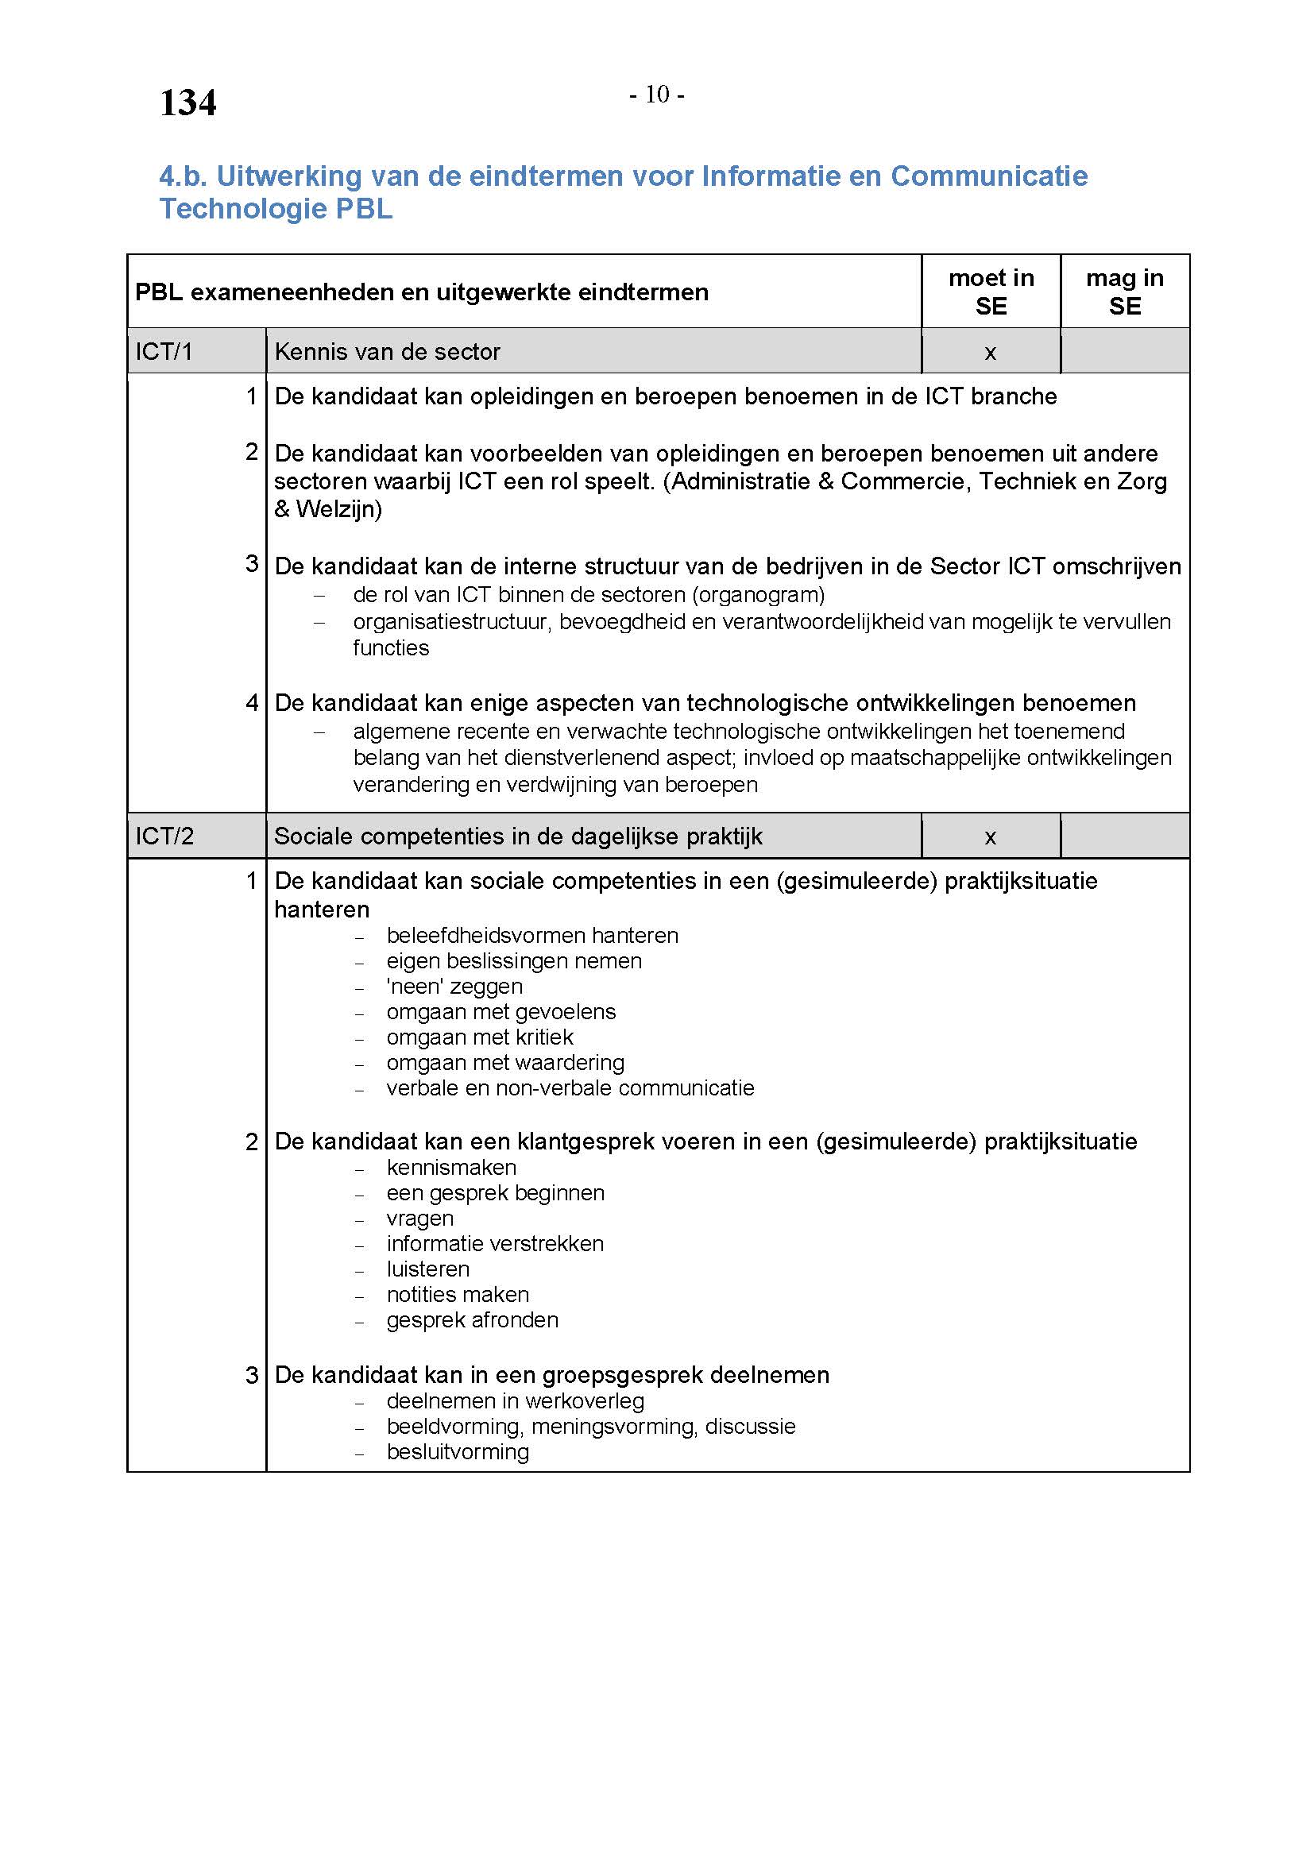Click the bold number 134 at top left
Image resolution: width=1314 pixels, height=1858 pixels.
(187, 102)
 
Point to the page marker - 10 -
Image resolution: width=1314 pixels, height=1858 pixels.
(656, 95)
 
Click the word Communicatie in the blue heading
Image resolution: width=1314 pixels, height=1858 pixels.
(989, 176)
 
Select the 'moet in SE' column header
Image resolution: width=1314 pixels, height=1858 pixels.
(991, 292)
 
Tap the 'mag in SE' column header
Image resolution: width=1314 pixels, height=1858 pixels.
(1124, 292)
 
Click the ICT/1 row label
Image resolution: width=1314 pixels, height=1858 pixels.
(164, 351)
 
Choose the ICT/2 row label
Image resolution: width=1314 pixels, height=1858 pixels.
(164, 836)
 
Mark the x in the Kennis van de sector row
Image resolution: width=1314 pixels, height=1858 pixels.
(990, 352)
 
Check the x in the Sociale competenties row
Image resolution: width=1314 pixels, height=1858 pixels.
(990, 836)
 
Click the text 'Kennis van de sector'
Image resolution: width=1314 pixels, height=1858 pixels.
(387, 351)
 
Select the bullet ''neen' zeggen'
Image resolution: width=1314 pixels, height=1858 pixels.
(454, 987)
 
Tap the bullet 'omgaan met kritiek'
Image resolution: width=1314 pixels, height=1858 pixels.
(479, 1037)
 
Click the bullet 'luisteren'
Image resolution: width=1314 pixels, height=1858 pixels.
(427, 1269)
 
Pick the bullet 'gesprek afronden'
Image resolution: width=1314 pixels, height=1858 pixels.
(472, 1320)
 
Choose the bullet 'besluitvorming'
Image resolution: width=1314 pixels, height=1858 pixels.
(457, 1452)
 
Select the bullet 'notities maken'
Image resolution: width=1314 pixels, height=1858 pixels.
(457, 1295)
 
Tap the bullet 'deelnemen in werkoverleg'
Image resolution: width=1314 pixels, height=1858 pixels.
(515, 1400)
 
